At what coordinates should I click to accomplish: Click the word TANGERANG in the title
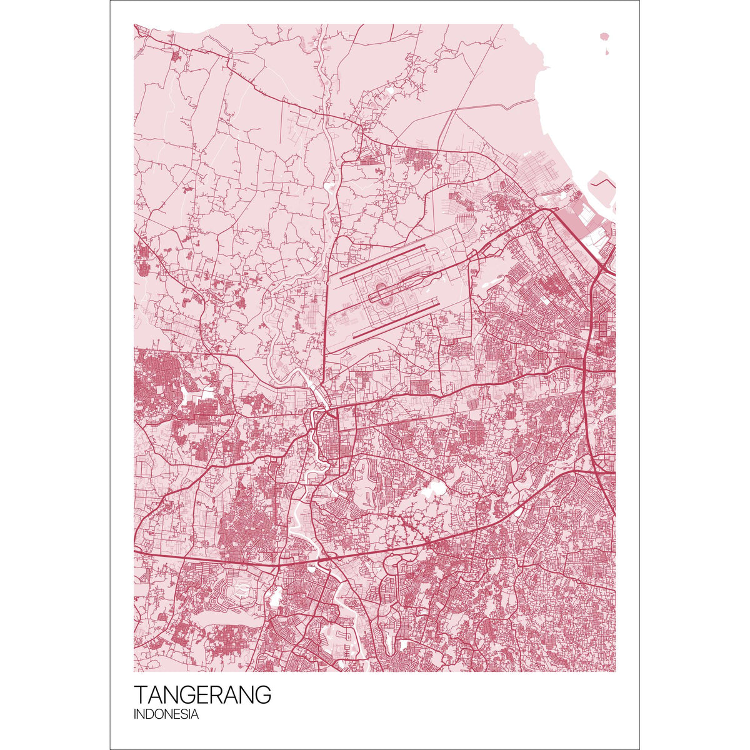(x=202, y=695)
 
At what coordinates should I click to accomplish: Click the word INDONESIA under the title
(x=166, y=715)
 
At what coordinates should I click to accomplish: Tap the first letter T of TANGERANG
(x=141, y=695)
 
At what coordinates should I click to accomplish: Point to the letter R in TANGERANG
(x=227, y=695)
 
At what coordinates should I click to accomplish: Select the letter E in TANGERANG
(x=212, y=695)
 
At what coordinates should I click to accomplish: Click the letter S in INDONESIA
(x=182, y=715)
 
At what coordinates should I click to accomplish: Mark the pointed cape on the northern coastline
(x=545, y=66)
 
